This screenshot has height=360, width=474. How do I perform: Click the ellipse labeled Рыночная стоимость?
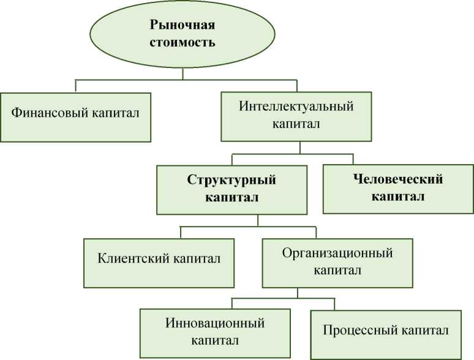pos(182,34)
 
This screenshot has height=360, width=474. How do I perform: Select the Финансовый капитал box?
pos(75,117)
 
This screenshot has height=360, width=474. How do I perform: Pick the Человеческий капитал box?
pos(398,189)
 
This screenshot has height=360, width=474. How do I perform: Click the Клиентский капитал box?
pos(159,262)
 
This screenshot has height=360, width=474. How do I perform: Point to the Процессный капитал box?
pos(386,334)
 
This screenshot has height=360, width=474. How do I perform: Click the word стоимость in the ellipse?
pos(182,43)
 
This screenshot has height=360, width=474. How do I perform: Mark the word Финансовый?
pos(49,113)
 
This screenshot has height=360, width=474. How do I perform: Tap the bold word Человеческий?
pos(398,179)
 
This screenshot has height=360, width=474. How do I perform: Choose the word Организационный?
pos(337,252)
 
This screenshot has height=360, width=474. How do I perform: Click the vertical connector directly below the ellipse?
pos(182,74)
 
